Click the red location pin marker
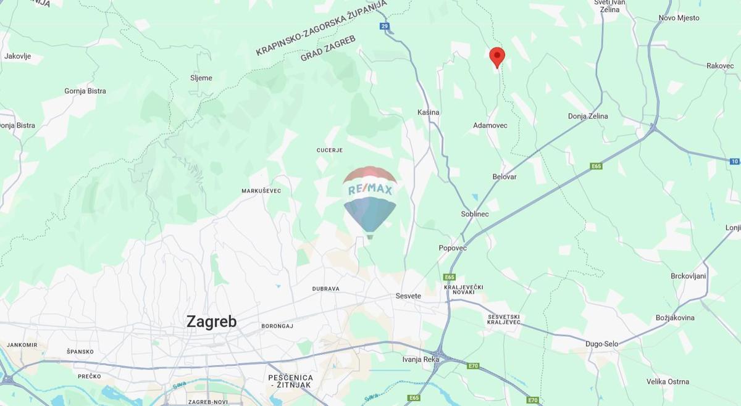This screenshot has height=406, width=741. [497, 57]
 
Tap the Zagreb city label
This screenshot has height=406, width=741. [211, 321]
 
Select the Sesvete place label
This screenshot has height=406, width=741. [408, 296]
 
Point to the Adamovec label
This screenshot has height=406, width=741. [490, 125]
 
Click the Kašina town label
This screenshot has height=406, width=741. [429, 112]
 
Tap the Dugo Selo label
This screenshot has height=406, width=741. [602, 344]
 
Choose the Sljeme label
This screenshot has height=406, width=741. [201, 78]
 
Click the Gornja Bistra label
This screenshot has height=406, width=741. [85, 91]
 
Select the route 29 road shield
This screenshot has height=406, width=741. [385, 26]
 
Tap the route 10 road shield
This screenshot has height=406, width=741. [734, 162]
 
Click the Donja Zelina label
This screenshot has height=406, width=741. [588, 116]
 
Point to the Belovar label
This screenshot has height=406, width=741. [504, 177]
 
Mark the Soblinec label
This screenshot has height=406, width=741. [475, 214]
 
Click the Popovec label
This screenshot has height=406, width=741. [453, 248]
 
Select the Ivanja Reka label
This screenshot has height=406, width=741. [421, 359]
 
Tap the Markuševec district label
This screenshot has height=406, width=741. [261, 191]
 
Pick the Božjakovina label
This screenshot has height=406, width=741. [675, 318]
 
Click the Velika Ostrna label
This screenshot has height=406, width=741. [668, 382]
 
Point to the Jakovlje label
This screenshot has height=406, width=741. [17, 56]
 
